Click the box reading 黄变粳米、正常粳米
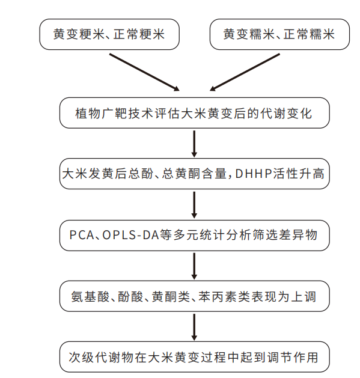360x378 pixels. tap(110, 34)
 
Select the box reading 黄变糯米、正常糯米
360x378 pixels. tap(279, 34)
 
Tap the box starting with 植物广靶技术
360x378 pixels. tap(194, 113)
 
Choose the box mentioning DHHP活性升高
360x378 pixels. tap(194, 174)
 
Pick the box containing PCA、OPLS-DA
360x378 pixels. tap(194, 235)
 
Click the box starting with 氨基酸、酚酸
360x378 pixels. tap(194, 297)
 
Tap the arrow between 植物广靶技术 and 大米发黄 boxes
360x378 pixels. tap(194, 144)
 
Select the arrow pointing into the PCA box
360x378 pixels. tap(194, 204)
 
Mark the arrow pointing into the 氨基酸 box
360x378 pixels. tap(194, 266)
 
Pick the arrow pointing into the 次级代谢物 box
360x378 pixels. tap(194, 328)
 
